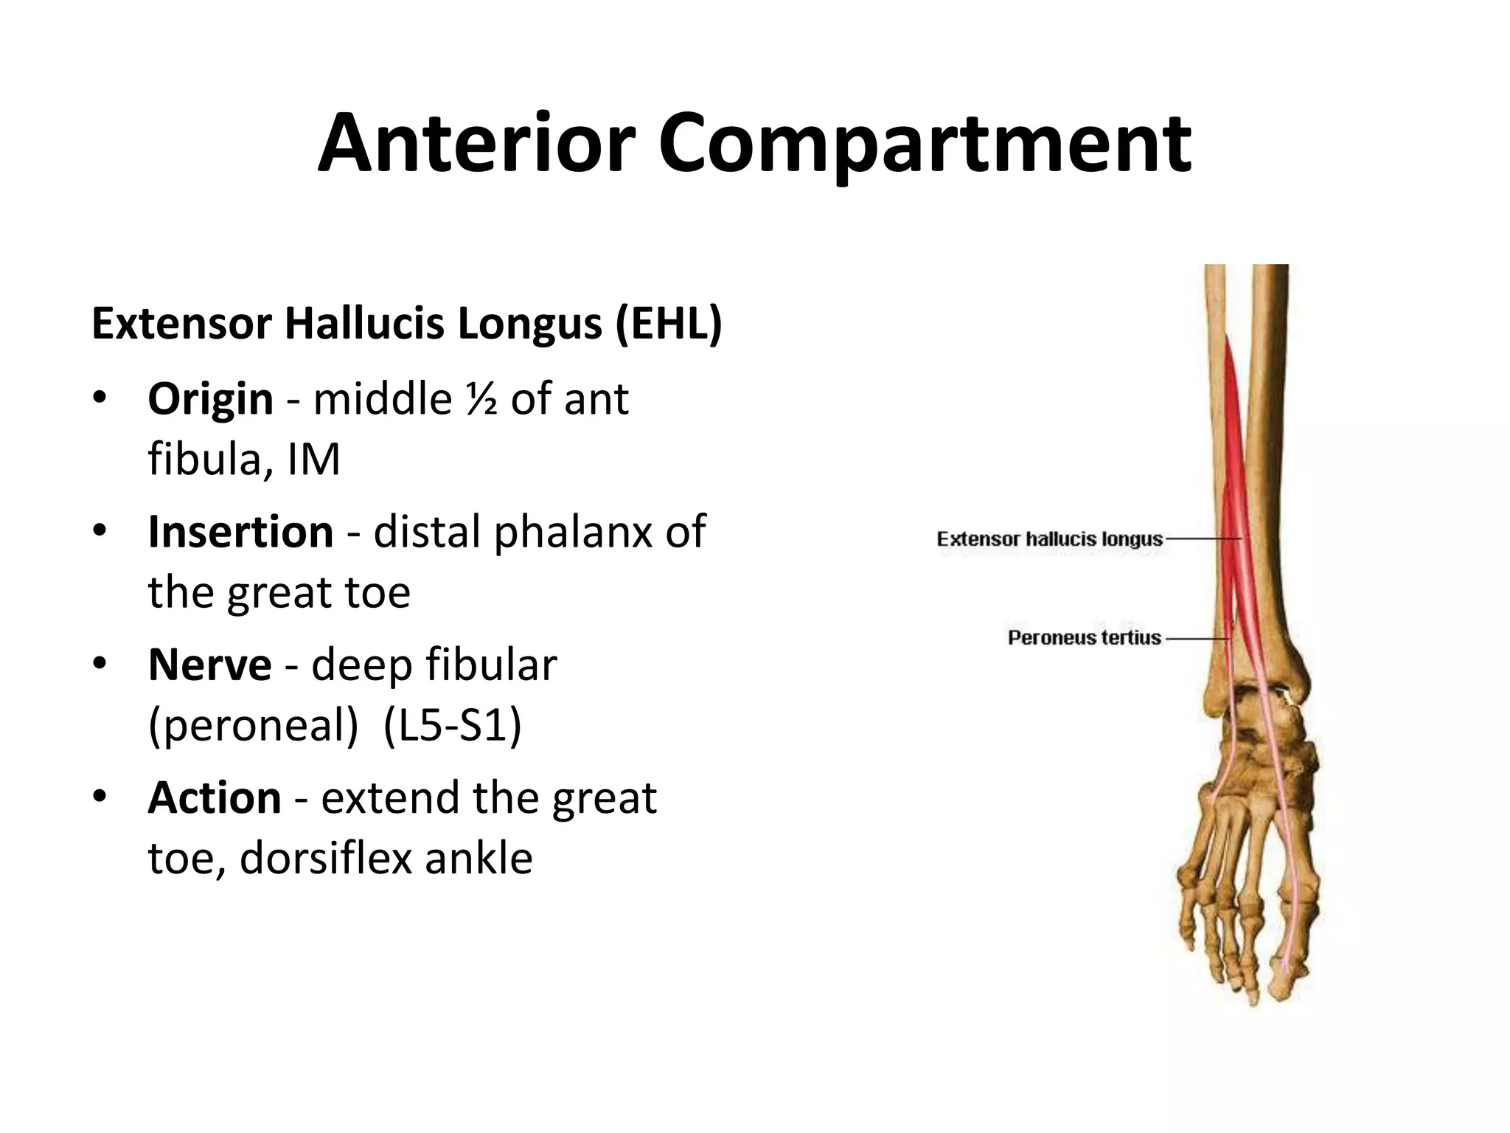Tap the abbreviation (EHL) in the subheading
(669, 324)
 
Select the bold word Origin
(210, 399)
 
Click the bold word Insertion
(240, 532)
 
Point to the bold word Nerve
(209, 665)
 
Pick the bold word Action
(214, 797)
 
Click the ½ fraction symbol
(481, 399)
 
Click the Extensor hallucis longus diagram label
(1049, 539)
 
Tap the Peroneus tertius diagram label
(1084, 637)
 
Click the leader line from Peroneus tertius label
(1194, 638)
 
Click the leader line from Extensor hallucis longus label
(1202, 539)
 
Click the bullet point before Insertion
(100, 531)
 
